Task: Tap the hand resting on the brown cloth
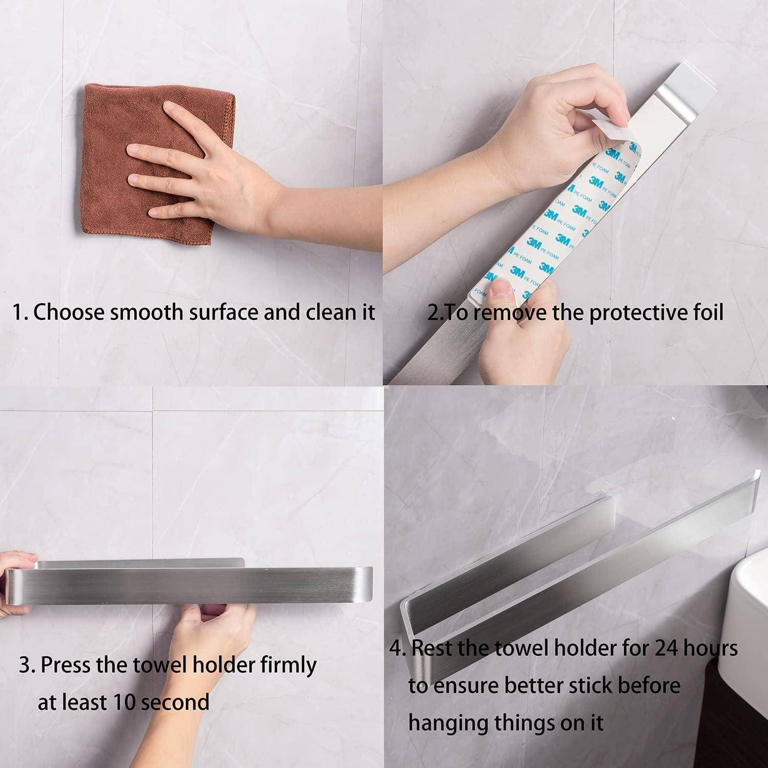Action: click(215, 169)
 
